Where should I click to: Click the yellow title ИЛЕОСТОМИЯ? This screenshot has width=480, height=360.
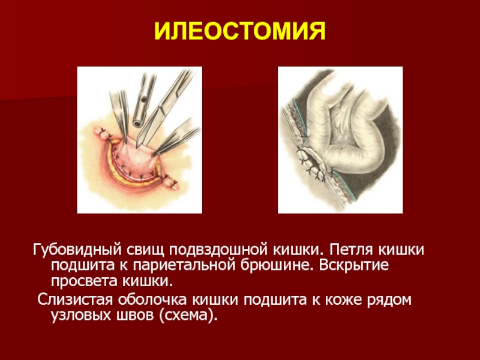click(239, 31)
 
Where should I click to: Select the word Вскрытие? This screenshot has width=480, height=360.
click(353, 266)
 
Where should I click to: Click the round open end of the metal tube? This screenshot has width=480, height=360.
click(137, 124)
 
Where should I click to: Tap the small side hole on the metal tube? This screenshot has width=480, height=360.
click(143, 100)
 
